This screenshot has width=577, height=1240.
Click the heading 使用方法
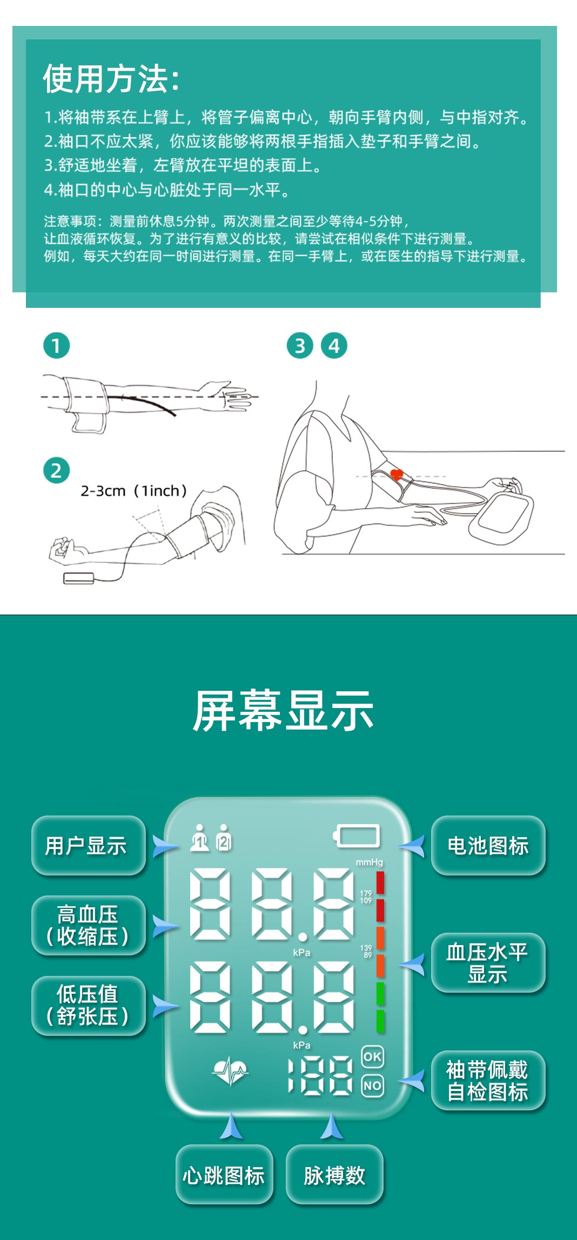pyautogui.click(x=111, y=79)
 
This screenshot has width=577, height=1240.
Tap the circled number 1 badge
pyautogui.click(x=57, y=346)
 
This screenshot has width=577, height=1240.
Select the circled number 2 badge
pyautogui.click(x=57, y=470)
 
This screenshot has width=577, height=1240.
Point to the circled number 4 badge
pyautogui.click(x=334, y=346)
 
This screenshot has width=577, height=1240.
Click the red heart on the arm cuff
pyautogui.click(x=397, y=475)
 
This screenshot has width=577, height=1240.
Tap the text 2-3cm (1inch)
pyautogui.click(x=134, y=491)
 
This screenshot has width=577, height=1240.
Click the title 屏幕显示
pyautogui.click(x=284, y=711)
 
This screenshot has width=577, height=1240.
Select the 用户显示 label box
pyautogui.click(x=88, y=845)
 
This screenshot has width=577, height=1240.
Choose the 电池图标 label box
pyautogui.click(x=488, y=845)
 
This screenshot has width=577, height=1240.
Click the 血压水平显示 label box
pyautogui.click(x=488, y=962)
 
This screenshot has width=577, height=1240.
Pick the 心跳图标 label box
pyautogui.click(x=224, y=1175)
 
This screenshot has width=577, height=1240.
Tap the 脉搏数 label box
pyautogui.click(x=334, y=1175)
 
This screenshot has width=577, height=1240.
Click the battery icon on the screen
pyautogui.click(x=357, y=836)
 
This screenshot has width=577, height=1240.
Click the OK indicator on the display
pyautogui.click(x=372, y=1056)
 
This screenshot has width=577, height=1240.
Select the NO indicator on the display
pyautogui.click(x=372, y=1086)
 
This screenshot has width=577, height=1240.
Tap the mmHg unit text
pyautogui.click(x=369, y=862)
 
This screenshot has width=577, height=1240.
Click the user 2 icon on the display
pyautogui.click(x=224, y=838)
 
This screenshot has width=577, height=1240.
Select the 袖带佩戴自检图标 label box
pyautogui.click(x=488, y=1080)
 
